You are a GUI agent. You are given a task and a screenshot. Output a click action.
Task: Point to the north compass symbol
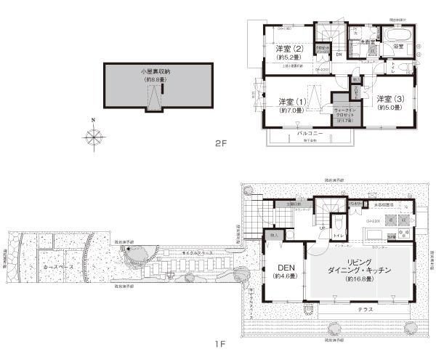94,135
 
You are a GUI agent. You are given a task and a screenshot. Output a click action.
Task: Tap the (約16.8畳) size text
360,279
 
